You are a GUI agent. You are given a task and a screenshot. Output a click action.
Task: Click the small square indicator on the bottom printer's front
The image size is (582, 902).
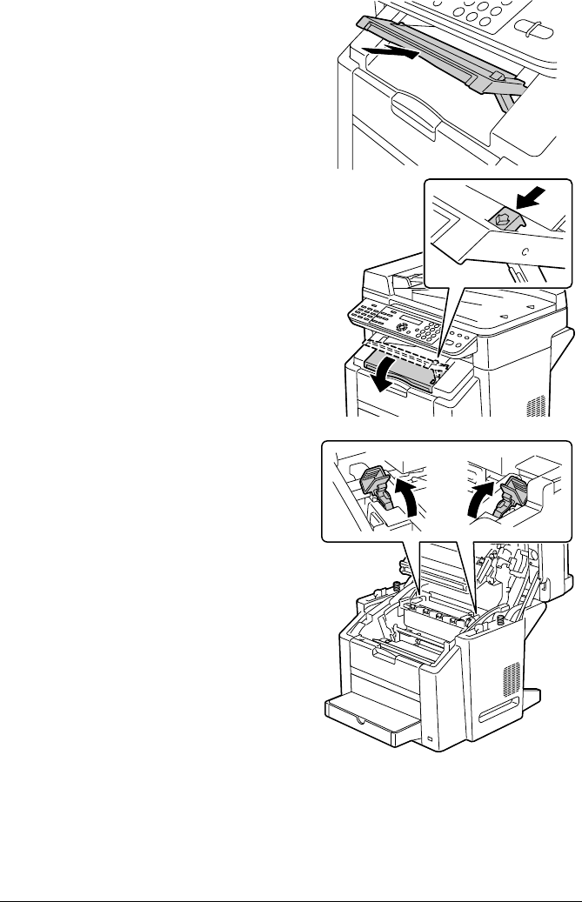[430, 739]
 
